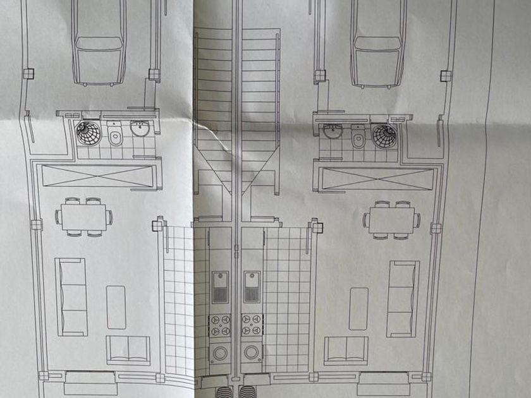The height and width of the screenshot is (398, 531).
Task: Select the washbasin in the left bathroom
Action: pyautogui.click(x=139, y=129)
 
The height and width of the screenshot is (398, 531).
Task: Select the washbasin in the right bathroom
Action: pyautogui.click(x=332, y=131)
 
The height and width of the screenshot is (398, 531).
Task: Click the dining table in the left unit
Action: pyautogui.click(x=84, y=217)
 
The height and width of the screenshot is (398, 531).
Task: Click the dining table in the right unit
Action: pyautogui.click(x=391, y=220)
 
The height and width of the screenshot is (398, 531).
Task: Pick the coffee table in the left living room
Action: pyautogui.click(x=116, y=307)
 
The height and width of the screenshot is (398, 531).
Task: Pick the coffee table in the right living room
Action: pyautogui.click(x=358, y=308)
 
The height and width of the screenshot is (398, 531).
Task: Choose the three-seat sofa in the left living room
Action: pyautogui.click(x=71, y=296)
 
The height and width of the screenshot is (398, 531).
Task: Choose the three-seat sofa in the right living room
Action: pyautogui.click(x=403, y=298)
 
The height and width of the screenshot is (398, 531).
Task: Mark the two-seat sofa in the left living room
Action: pyautogui.click(x=128, y=350)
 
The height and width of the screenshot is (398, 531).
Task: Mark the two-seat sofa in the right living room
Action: pyautogui.click(x=346, y=351)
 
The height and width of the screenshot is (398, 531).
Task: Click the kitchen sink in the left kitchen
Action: pyautogui.click(x=220, y=287)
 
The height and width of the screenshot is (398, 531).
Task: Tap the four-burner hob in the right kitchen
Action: pyautogui.click(x=252, y=325)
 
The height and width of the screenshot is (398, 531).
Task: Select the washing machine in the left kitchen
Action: pyautogui.click(x=220, y=352)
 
